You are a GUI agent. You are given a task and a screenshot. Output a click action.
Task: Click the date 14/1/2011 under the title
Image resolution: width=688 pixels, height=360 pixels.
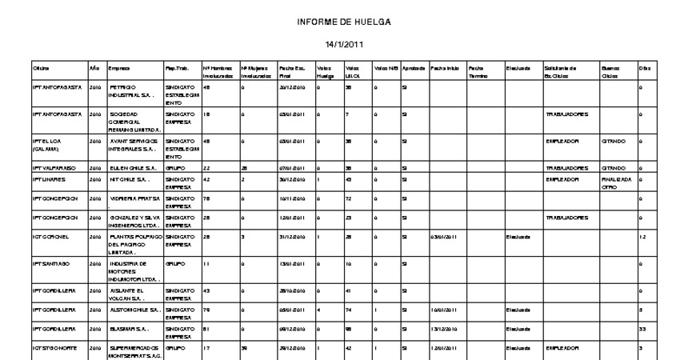(x=343, y=43)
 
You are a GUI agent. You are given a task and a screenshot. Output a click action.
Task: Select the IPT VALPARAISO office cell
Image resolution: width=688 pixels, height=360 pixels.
(x=54, y=169)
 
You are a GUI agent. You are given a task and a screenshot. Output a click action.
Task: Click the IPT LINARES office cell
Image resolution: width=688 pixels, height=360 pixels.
(x=50, y=180)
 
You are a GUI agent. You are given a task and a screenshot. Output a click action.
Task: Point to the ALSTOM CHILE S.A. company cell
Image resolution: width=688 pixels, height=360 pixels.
(x=134, y=308)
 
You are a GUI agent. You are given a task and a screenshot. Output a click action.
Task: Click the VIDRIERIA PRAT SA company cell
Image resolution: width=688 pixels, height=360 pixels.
(x=134, y=198)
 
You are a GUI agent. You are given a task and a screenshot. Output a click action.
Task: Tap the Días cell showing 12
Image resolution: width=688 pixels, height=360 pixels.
(x=643, y=238)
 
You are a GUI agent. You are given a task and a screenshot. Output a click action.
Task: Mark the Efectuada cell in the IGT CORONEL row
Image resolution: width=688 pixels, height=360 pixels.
(x=515, y=238)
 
